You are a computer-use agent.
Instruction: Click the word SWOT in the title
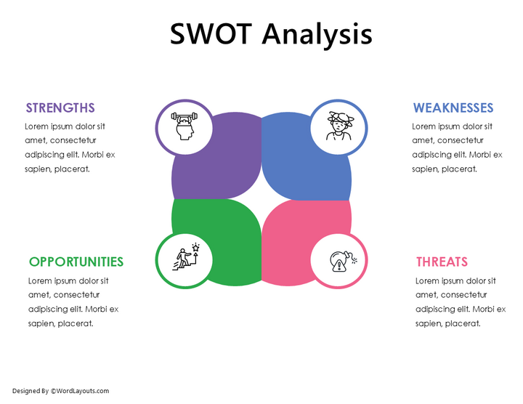click(212, 34)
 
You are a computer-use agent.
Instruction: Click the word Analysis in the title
click(317, 34)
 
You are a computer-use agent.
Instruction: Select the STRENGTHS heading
click(60, 108)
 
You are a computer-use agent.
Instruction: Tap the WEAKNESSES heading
click(453, 108)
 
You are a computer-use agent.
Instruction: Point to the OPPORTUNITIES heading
click(76, 262)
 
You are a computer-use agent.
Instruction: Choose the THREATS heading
click(442, 262)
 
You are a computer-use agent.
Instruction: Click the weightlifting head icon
click(185, 126)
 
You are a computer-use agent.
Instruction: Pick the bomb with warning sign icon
click(338, 261)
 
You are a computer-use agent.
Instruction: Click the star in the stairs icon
click(195, 248)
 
